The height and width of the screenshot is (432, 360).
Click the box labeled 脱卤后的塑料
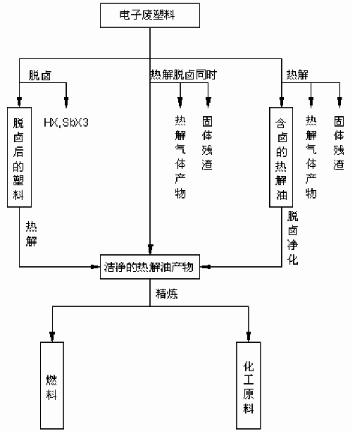coord(20,155)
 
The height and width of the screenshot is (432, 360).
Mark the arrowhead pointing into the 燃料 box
coord(53,338)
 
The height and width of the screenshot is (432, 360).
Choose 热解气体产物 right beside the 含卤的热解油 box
coord(310,158)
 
